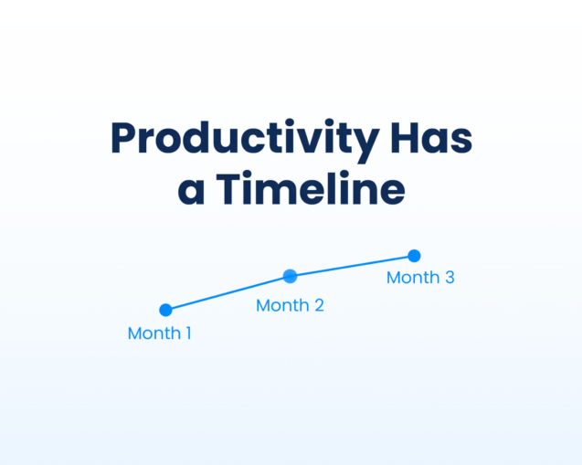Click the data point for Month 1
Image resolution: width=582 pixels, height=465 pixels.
click(x=165, y=311)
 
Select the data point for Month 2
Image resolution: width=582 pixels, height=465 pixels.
click(x=290, y=276)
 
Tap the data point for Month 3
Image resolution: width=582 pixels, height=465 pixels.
click(x=414, y=256)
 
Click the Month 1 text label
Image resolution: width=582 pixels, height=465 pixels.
click(x=159, y=333)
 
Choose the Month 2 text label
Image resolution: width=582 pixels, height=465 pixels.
click(x=290, y=305)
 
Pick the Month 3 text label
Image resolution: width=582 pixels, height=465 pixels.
click(x=420, y=278)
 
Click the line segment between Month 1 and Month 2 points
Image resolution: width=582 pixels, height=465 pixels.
click(x=228, y=293)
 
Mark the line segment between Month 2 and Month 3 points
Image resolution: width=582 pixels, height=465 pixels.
click(x=352, y=266)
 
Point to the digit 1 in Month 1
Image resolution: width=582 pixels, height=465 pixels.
click(x=187, y=333)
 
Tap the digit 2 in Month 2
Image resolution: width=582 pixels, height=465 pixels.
click(x=319, y=305)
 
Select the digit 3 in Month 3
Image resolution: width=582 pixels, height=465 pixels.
click(x=449, y=278)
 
